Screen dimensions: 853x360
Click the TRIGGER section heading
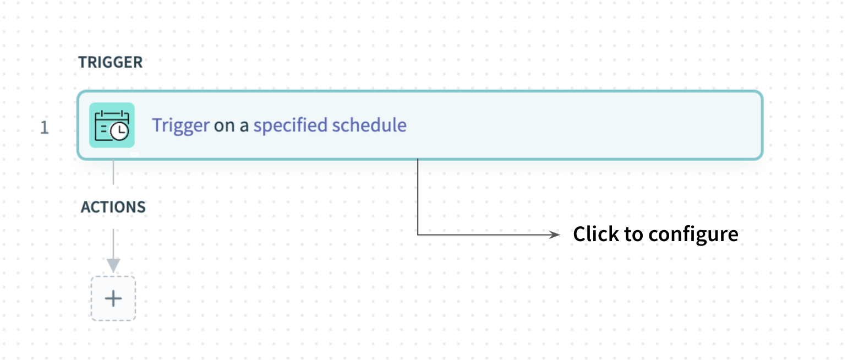[111, 62]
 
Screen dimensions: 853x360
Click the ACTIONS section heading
[113, 207]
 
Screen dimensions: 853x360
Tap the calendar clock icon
[112, 125]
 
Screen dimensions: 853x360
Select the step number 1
[45, 128]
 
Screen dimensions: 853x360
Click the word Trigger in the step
[181, 126]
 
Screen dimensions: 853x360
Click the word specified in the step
[291, 125]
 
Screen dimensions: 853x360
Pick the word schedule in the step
[369, 125]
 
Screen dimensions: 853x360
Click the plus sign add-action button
[113, 298]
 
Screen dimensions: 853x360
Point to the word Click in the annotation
[596, 233]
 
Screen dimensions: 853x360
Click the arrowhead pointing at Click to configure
[555, 234]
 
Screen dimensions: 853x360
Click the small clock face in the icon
[119, 131]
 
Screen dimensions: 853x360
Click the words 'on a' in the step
[231, 126]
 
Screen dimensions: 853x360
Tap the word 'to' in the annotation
[633, 234]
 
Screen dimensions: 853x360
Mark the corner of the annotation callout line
[418, 234]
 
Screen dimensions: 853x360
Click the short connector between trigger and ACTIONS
[113, 172]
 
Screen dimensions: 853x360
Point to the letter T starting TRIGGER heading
[83, 62]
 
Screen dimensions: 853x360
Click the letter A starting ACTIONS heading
[86, 207]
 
